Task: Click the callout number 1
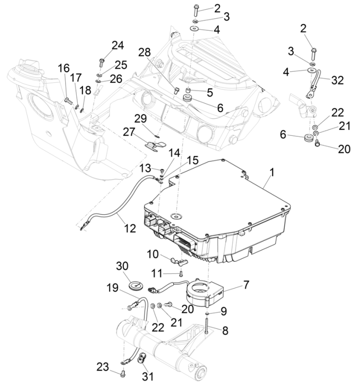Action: click(x=272, y=172)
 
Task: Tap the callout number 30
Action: click(x=123, y=266)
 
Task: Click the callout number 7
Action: click(x=246, y=284)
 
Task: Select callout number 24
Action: click(x=118, y=45)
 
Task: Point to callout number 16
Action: click(x=64, y=68)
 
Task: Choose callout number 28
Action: click(x=144, y=53)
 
